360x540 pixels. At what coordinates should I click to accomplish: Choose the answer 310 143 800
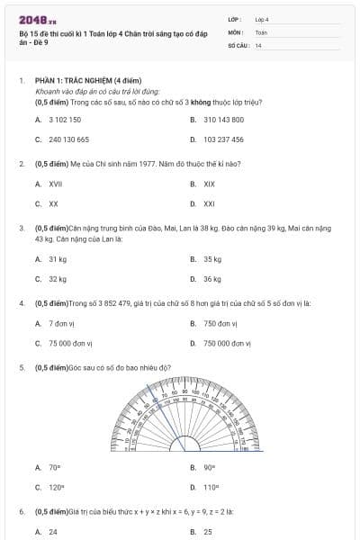[223, 119]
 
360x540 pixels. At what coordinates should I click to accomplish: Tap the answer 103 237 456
[223, 139]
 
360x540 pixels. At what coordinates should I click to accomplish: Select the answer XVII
[55, 184]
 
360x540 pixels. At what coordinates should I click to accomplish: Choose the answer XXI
[209, 204]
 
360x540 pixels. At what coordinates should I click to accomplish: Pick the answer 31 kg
[58, 258]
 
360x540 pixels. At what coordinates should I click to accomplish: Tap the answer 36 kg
[212, 279]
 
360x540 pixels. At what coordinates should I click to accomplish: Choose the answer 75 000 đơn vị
[67, 343]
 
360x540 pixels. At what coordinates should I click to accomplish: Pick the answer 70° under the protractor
[54, 467]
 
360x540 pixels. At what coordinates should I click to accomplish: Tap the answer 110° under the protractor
[211, 487]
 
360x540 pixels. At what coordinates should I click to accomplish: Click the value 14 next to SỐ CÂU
[258, 45]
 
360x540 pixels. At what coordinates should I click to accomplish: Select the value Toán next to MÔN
[261, 31]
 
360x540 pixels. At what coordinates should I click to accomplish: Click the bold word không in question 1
[181, 102]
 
